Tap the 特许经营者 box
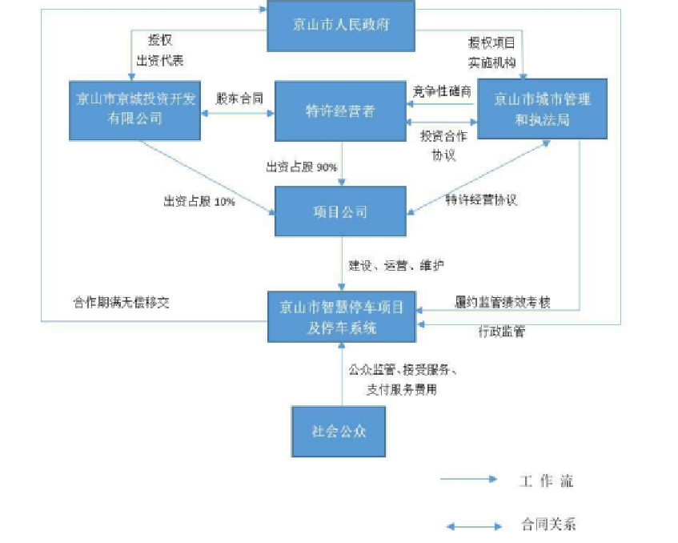(341, 111)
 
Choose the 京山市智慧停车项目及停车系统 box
(341, 317)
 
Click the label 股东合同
(239, 99)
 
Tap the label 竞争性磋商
(442, 91)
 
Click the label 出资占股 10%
(199, 202)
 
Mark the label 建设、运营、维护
(396, 265)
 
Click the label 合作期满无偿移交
(121, 303)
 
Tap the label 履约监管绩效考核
(503, 302)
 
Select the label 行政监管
(502, 331)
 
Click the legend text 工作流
(546, 481)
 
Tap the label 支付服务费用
(402, 389)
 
